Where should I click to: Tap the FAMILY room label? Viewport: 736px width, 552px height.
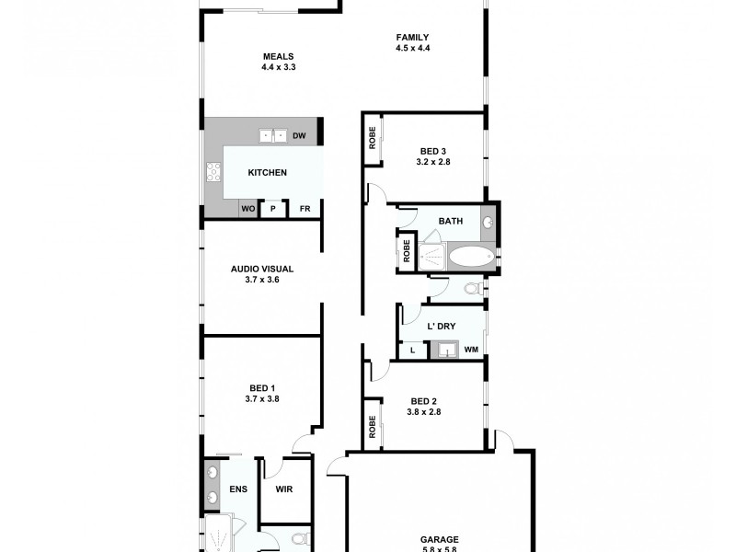tap(413, 38)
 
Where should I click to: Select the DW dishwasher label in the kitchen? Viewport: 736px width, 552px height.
tap(299, 136)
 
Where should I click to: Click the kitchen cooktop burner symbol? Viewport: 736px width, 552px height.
tap(213, 171)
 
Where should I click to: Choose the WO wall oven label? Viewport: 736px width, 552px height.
tap(248, 209)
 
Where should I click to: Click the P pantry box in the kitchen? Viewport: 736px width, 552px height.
tap(272, 209)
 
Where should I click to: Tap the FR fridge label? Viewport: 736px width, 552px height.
tap(305, 209)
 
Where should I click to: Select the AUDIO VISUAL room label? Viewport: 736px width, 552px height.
tap(262, 269)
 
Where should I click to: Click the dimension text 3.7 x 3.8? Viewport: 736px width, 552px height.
tap(262, 398)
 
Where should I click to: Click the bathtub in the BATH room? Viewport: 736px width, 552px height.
tap(469, 257)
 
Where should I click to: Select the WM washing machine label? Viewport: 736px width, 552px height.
tap(470, 350)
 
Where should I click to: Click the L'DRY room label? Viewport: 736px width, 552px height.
tap(443, 326)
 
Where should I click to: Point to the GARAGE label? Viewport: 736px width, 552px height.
tap(440, 539)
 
